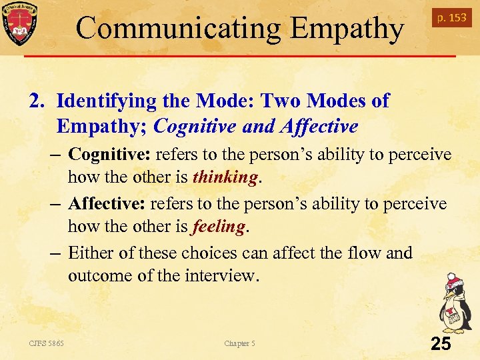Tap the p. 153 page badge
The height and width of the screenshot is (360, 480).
pos(451,18)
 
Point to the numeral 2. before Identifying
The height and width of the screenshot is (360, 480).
pos(36,101)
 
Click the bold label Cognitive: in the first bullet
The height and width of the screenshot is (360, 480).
pos(109,155)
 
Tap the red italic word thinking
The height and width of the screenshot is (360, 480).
pos(225,178)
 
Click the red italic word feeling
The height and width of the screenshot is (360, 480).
pos(218,227)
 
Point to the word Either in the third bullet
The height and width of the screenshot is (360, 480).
pos(91,253)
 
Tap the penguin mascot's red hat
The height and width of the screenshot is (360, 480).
pos(453,279)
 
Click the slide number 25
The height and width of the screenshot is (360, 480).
pos(441,344)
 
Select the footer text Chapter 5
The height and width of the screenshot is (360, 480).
pos(239,344)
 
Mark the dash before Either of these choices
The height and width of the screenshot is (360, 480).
pos(57,253)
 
